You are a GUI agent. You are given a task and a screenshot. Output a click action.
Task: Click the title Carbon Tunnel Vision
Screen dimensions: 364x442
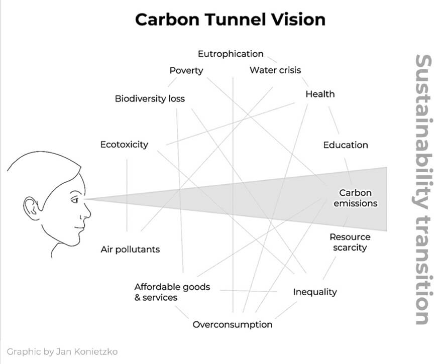pos(230,19)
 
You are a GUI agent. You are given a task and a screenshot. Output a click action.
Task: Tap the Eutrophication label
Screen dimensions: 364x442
pos(230,54)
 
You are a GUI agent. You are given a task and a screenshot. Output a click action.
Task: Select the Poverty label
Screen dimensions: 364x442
pos(186,70)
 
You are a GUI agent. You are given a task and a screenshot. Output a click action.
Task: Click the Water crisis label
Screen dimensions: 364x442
pos(275,70)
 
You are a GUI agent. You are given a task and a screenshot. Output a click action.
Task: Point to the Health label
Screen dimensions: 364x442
pos(320,94)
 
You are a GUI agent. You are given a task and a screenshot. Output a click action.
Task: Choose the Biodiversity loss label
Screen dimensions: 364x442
pos(150,98)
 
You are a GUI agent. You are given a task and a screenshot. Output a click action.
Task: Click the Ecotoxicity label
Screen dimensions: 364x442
pos(124,145)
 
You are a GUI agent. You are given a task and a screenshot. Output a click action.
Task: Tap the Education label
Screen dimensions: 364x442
pos(346,145)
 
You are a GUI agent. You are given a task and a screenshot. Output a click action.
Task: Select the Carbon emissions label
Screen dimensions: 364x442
pos(355,198)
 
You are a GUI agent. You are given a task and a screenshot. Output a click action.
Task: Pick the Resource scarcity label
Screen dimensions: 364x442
pos(350,242)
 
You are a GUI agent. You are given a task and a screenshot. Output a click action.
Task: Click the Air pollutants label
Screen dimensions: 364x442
pos(130,250)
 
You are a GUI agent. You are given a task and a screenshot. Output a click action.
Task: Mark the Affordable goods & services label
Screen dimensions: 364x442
pos(172,292)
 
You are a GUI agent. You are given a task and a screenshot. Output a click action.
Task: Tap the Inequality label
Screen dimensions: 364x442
pos(315,292)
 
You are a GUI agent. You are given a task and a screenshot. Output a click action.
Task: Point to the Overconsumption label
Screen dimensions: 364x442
pos(233,324)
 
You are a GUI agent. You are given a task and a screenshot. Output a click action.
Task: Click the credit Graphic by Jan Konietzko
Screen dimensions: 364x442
pos(62,351)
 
